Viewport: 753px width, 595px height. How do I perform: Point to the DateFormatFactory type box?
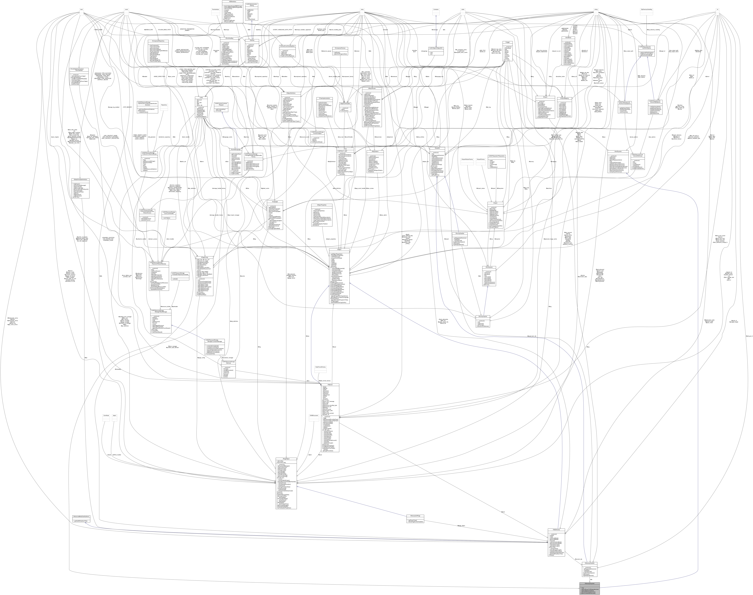coord(320,367)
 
